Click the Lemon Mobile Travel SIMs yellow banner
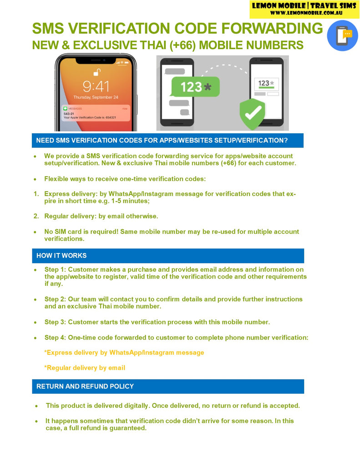304,9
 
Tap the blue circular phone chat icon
342,35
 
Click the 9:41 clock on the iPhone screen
96,86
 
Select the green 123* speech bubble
195,86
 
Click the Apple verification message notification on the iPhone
96,113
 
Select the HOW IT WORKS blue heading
61,256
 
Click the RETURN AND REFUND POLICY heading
85,386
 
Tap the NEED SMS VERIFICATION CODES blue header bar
162,140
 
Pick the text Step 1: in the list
55,270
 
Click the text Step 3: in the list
55,322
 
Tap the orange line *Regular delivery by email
85,368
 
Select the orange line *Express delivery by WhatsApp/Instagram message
124,353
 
